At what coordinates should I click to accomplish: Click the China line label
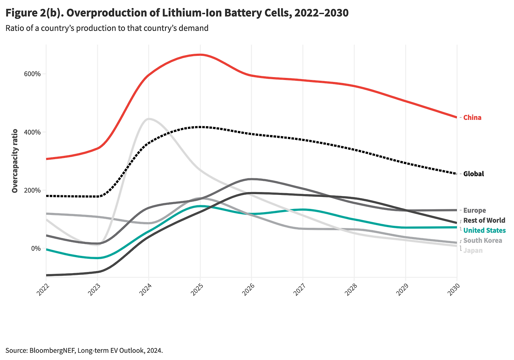click(472, 118)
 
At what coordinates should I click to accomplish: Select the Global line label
click(473, 174)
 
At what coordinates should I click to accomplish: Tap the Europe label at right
click(474, 211)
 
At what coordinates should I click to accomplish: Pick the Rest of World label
click(484, 221)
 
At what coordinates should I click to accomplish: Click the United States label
click(484, 231)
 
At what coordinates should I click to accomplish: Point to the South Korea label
click(482, 241)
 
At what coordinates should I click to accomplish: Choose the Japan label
click(473, 251)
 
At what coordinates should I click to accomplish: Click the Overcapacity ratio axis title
click(15, 161)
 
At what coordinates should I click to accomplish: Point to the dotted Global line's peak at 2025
click(200, 127)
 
